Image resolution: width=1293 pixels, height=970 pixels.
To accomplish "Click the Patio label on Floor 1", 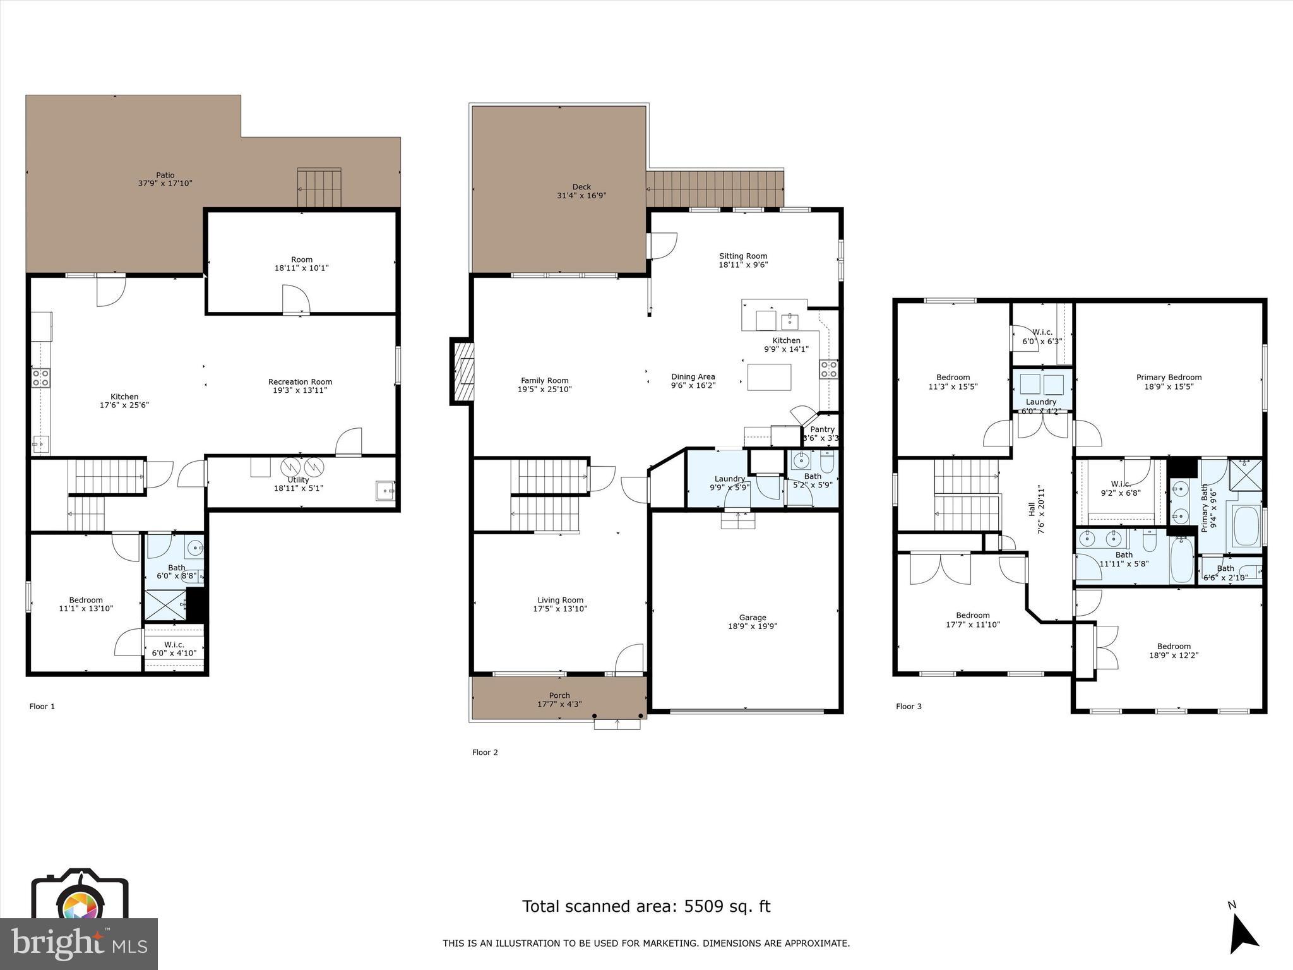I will coord(165,175).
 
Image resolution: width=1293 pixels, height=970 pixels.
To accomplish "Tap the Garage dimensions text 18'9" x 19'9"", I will coord(753,626).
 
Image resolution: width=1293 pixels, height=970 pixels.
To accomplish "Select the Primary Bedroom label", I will coord(1169,378).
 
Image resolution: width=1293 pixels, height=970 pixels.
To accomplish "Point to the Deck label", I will coord(581,187).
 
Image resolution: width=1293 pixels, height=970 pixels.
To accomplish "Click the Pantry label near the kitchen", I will coord(822,429).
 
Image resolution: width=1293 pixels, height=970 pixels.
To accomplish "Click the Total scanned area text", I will coord(646,906).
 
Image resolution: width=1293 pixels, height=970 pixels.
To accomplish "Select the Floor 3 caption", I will coord(909,706).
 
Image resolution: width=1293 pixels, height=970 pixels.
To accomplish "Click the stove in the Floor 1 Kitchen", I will coord(41,378).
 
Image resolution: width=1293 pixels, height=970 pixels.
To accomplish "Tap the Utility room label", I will coord(298,480).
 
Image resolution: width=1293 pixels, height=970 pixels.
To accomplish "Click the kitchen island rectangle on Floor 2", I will coord(769,377).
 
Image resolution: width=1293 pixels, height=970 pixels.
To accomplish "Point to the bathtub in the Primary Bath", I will coord(1246,525).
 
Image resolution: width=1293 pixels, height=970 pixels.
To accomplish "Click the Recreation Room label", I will coord(300,381).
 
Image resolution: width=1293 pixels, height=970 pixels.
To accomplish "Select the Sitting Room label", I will coord(743,256).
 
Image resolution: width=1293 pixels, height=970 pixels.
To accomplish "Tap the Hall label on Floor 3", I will coord(1032,509).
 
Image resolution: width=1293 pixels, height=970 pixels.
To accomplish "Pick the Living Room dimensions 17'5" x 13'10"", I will coord(560,609).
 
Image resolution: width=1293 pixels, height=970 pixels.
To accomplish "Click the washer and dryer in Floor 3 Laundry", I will coord(1042,384).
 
